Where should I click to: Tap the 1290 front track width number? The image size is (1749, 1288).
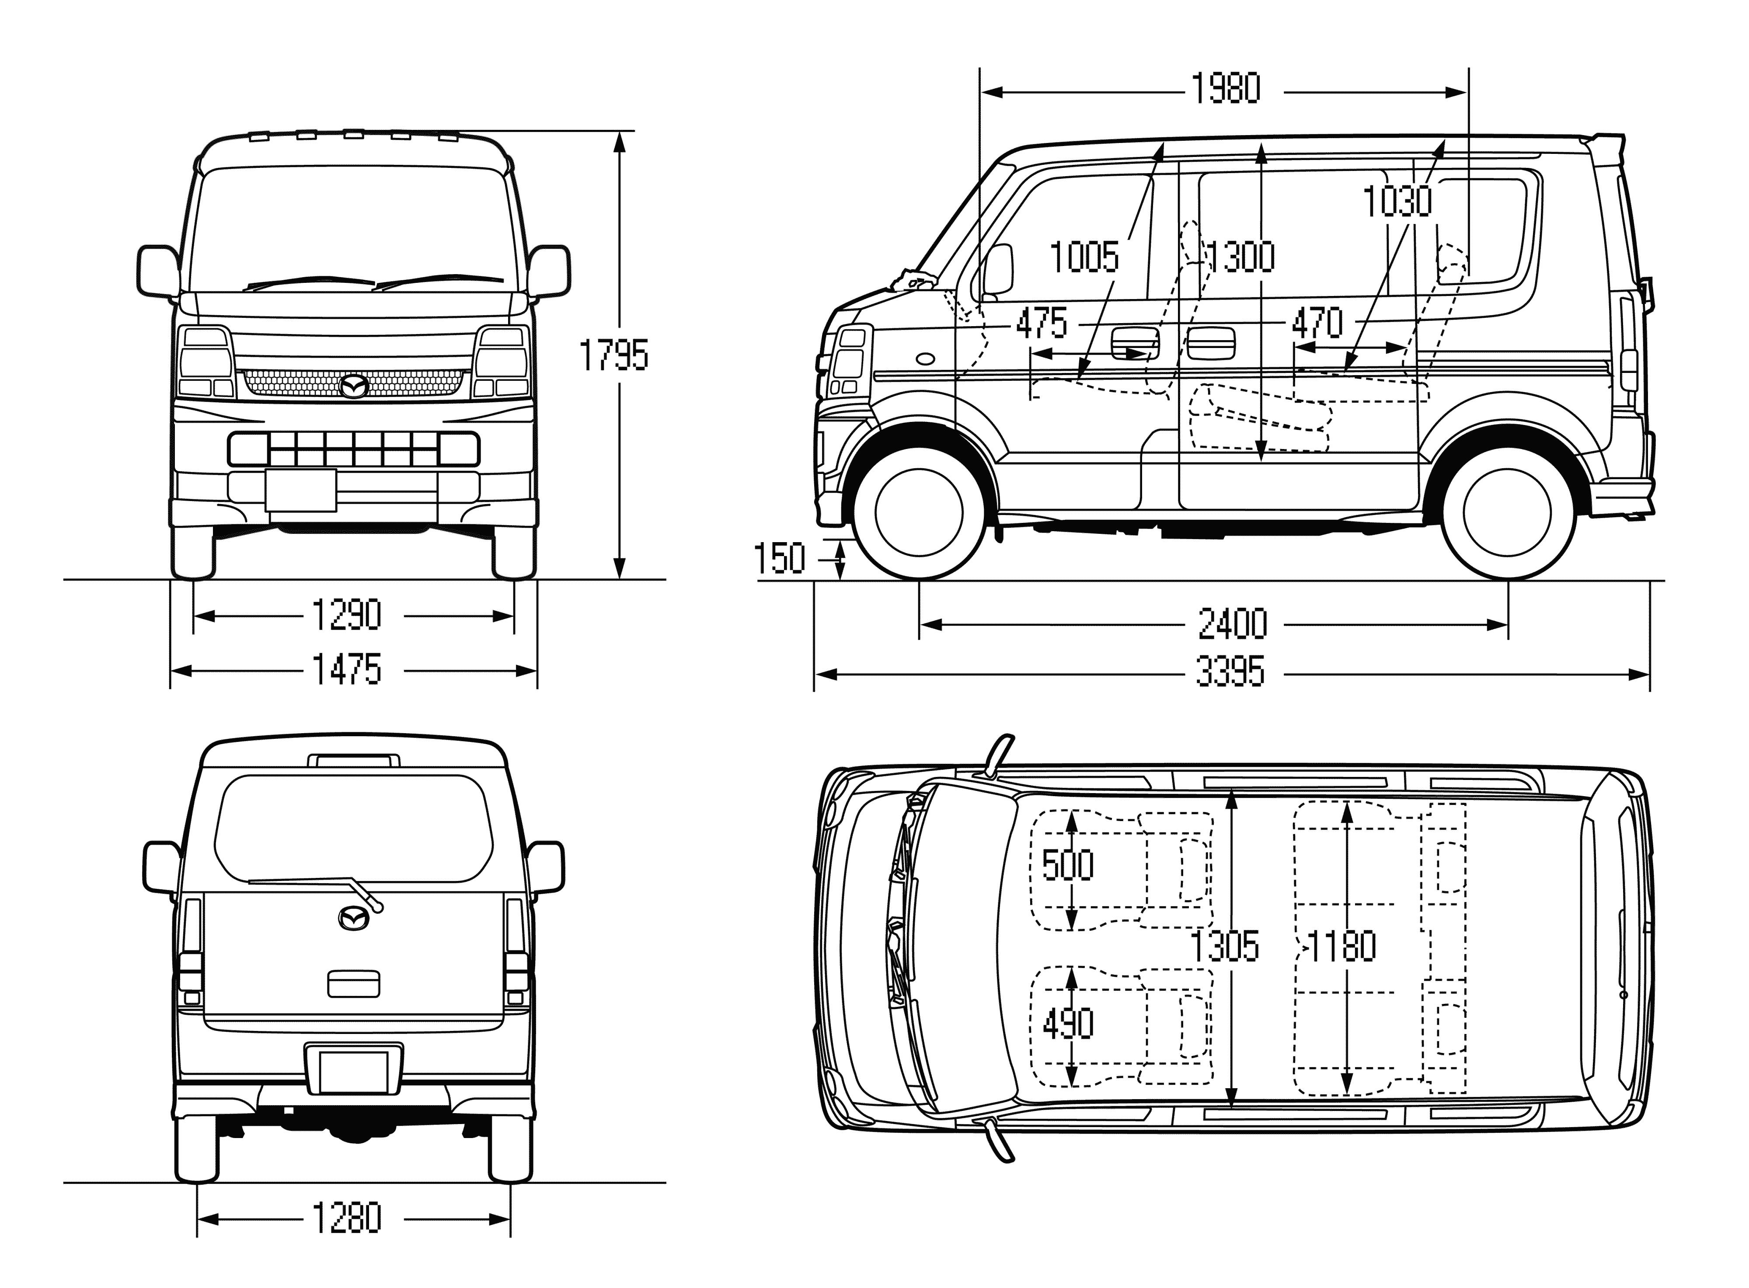[346, 615]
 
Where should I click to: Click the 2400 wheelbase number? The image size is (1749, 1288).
[1232, 624]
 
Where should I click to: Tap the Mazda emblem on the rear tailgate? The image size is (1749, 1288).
[354, 918]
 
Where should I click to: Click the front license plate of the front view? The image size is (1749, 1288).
[300, 490]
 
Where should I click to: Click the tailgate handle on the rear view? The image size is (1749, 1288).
[353, 984]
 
